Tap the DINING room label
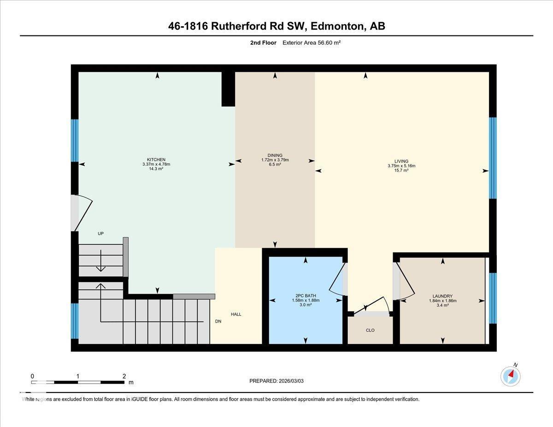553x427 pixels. [275, 155]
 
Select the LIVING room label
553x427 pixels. [401, 162]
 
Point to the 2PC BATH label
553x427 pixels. [306, 296]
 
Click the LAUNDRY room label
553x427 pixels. [442, 296]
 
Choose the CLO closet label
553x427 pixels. [370, 330]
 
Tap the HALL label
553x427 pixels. [236, 314]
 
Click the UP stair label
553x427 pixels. [100, 234]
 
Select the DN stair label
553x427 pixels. [218, 322]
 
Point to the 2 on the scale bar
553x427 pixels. [124, 376]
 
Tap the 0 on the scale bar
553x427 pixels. [32, 376]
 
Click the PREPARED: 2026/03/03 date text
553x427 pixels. [276, 381]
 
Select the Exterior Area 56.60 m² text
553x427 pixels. [311, 43]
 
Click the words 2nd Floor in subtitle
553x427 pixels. [263, 43]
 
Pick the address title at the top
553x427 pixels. [276, 26]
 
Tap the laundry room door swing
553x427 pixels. [404, 281]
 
